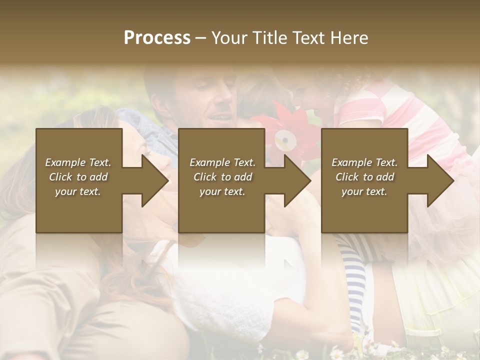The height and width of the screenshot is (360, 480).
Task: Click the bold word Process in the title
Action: pos(157,38)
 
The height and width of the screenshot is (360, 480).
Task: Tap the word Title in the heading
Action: pos(267,38)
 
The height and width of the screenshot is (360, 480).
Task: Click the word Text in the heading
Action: pos(309,38)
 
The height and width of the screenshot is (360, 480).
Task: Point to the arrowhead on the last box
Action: pos(440,180)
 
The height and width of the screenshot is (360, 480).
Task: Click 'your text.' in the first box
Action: pos(78,191)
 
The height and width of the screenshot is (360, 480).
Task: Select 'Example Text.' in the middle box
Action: pos(222,162)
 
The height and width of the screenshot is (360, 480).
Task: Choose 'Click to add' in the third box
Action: pos(365,177)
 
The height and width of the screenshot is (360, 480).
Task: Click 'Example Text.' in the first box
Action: pos(78,162)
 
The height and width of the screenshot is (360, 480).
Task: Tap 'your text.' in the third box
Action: pos(364,191)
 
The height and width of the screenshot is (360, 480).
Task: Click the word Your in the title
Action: pos(229,38)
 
